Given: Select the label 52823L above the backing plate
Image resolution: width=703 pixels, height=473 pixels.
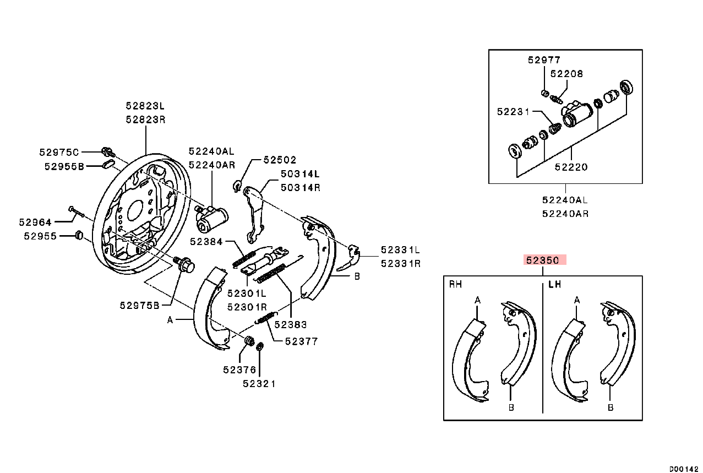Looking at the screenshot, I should (145, 106).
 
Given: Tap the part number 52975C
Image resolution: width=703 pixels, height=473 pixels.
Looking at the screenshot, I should (59, 152).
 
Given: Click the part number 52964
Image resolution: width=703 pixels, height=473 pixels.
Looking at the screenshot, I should (35, 222).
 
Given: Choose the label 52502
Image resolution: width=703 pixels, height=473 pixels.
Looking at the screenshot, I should (280, 160).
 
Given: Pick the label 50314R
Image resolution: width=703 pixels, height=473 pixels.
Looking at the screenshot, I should (301, 187).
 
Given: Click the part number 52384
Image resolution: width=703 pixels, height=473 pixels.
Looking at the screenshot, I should (206, 241).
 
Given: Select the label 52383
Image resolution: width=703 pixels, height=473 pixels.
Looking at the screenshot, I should (290, 325).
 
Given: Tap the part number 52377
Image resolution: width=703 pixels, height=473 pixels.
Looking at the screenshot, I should (301, 341).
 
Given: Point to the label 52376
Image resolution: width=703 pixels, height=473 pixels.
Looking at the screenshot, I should (239, 370).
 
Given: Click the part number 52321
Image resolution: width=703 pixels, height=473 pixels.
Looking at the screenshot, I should (259, 384).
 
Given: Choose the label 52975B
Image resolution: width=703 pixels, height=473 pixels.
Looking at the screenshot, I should (139, 305).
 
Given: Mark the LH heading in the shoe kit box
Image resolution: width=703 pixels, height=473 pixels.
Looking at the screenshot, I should (554, 285).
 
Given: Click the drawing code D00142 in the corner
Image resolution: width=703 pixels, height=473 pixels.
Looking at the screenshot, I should (684, 469).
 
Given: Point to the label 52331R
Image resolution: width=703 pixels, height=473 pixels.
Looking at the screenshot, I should (401, 263).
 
